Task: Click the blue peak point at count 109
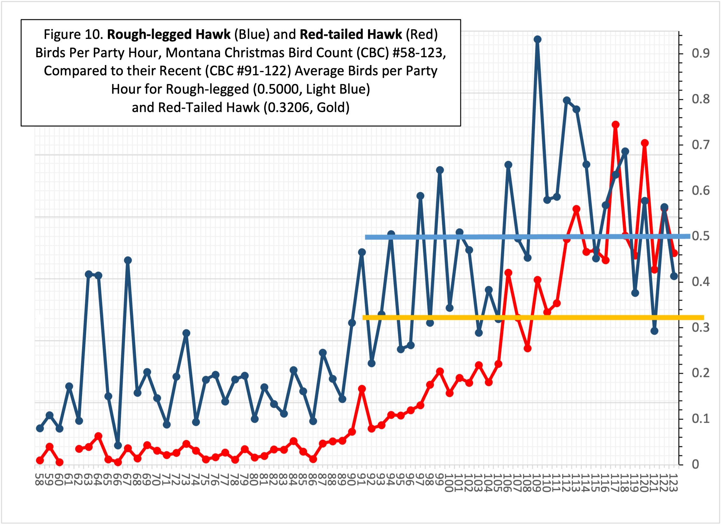point(537,40)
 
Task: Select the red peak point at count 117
point(615,124)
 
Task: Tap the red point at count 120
point(645,143)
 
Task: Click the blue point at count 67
point(128,260)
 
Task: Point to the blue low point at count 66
point(118,445)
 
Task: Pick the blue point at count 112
point(567,100)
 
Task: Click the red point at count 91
point(362,389)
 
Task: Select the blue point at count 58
point(40,428)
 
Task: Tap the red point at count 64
point(98,436)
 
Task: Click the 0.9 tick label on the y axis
point(700,53)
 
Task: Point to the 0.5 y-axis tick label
point(700,236)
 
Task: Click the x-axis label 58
point(39,478)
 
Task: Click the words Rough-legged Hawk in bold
point(168,35)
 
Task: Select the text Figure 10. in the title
point(73,35)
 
